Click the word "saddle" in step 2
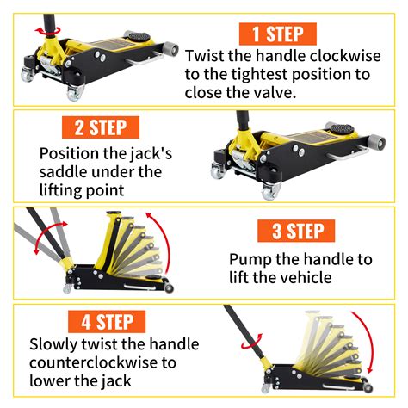point(65,173)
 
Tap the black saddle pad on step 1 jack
point(135,37)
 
